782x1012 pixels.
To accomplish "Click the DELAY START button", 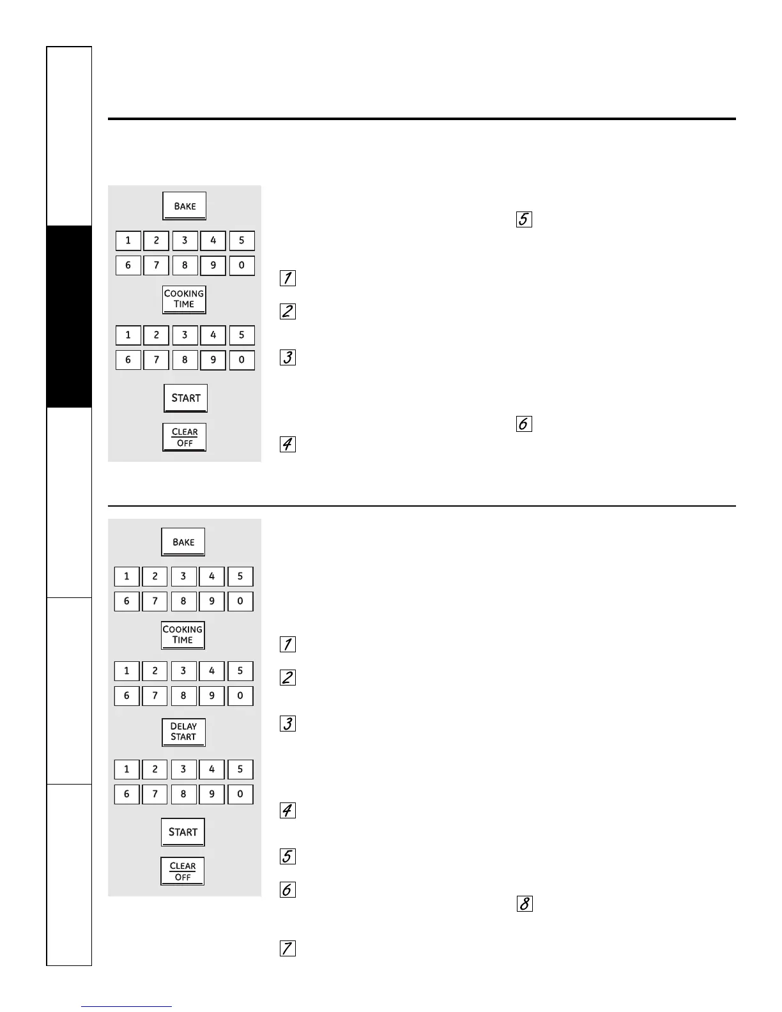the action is (x=183, y=732).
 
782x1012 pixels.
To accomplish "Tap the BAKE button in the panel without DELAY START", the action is (x=185, y=206).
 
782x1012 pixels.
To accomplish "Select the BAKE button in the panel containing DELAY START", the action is (x=183, y=542).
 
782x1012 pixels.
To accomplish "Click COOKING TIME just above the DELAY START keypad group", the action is (x=183, y=634).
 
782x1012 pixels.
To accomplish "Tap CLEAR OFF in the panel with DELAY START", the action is (x=183, y=871).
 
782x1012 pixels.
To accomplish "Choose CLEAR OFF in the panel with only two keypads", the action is (x=185, y=437).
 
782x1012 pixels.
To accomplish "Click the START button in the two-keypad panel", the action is (x=186, y=398).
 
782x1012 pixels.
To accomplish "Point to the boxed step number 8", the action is (x=524, y=904).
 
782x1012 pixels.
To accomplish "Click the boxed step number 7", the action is (x=288, y=948).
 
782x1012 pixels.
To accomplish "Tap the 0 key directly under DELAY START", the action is (x=240, y=794).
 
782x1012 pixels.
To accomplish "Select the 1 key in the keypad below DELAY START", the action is (x=126, y=769).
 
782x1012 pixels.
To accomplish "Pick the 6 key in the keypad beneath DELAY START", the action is (x=126, y=794).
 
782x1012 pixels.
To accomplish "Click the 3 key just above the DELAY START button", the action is (x=183, y=671).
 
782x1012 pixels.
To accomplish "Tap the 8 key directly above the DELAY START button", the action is (x=183, y=696).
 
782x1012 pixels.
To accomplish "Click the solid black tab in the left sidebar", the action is (x=69, y=316).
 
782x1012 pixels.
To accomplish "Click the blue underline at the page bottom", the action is (x=126, y=1007).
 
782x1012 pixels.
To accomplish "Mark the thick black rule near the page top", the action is (x=422, y=119).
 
